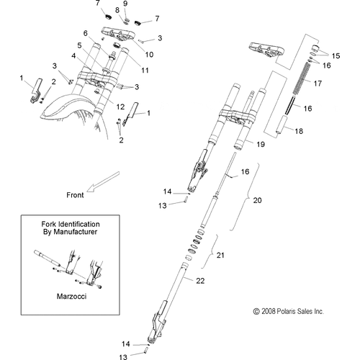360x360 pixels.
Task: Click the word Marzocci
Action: pos(71,297)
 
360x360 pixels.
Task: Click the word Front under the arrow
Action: pos(75,195)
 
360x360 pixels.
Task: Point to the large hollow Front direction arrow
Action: pos(103,181)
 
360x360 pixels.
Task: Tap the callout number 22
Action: pos(200,281)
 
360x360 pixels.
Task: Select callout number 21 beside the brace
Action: pos(220,255)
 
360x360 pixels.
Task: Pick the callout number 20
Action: pos(257,200)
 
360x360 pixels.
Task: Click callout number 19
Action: pos(261,144)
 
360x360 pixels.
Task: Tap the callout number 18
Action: pos(299,131)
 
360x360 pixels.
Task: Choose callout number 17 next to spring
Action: pos(318,84)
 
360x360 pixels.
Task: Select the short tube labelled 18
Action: pos(282,125)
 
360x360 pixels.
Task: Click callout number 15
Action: pos(336,55)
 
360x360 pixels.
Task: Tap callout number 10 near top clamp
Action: pos(149,55)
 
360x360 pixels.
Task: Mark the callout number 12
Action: pos(120,107)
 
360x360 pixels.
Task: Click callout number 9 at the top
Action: pos(125,4)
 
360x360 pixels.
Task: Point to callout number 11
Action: pos(145,71)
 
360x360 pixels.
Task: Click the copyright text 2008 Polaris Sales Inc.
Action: pos(289,311)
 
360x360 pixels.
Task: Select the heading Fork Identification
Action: pos(71,224)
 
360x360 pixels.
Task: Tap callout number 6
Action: pos(86,33)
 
